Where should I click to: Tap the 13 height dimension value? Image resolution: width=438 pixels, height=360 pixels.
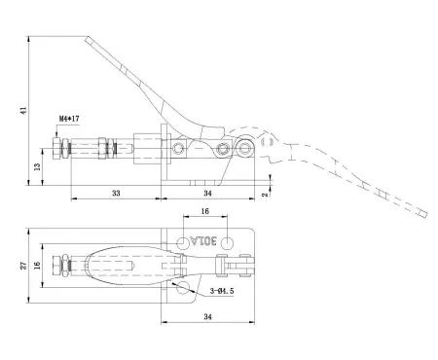point(37,167)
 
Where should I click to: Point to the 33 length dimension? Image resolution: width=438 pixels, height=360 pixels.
point(115,194)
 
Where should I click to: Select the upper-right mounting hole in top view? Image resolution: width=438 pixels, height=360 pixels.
point(226,241)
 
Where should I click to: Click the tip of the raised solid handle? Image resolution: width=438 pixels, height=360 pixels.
point(89,39)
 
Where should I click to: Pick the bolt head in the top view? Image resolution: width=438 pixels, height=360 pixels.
point(51,266)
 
